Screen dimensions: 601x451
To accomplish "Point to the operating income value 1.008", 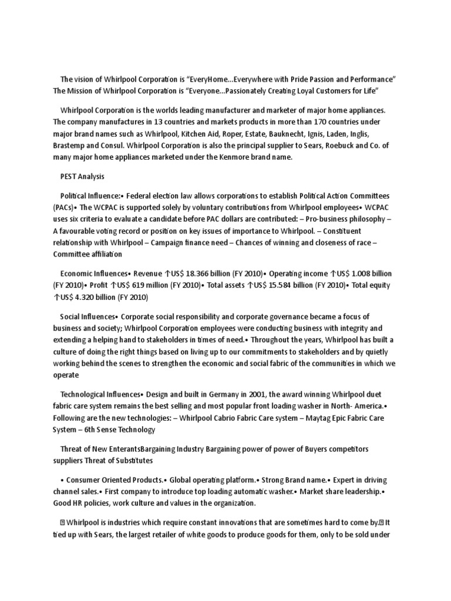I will click(357, 274).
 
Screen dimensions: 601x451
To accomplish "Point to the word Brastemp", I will click(70, 146).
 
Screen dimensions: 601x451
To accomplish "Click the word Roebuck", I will click(348, 146).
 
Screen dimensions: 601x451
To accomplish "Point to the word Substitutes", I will click(133, 461).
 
